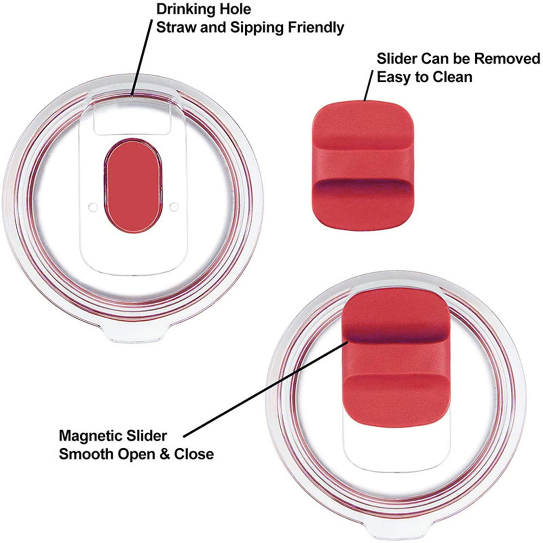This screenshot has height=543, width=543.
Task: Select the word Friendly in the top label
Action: click(x=316, y=27)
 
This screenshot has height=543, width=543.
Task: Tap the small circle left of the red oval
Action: click(x=93, y=206)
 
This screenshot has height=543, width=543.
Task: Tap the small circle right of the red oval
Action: click(x=174, y=206)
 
